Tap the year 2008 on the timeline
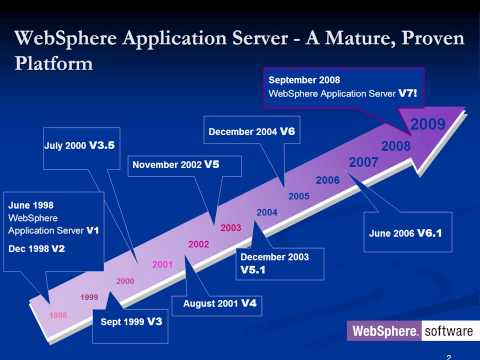396,146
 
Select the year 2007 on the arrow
363,162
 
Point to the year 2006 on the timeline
328,179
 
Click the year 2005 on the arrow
298,196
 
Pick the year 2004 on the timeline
267,212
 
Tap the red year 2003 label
231,228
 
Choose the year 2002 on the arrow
198,244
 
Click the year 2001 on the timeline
162,264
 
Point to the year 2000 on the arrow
125,281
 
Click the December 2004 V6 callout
252,131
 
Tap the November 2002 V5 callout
175,163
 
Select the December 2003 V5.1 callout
274,263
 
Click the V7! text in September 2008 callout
407,92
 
